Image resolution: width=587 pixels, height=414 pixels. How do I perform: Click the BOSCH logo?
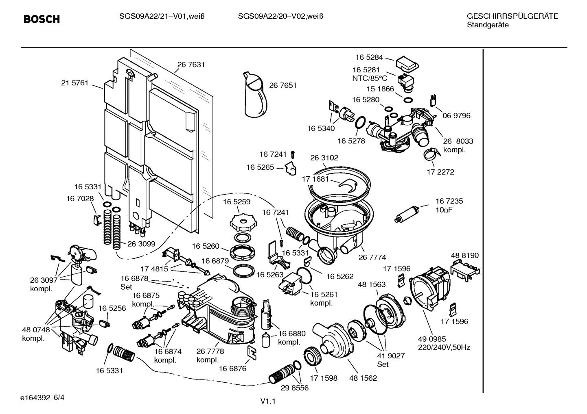tap(42, 19)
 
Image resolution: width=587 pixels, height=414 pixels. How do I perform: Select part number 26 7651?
tap(283, 85)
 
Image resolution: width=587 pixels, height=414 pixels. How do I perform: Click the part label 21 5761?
tap(74, 83)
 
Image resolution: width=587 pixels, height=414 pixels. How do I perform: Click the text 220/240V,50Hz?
tap(444, 347)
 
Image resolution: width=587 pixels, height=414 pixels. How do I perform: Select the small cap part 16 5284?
tap(407, 63)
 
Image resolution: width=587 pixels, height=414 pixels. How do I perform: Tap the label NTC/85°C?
tap(369, 78)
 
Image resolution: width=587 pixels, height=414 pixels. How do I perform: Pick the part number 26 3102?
tap(324, 158)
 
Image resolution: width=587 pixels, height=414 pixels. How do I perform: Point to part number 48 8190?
tap(464, 256)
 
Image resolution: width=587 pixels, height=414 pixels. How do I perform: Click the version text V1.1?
tap(268, 401)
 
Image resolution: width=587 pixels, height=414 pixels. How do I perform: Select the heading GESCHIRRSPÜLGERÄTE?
tap(512, 17)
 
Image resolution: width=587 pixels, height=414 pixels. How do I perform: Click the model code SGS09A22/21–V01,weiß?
tap(161, 17)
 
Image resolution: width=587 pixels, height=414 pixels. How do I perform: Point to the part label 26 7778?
tap(210, 351)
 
